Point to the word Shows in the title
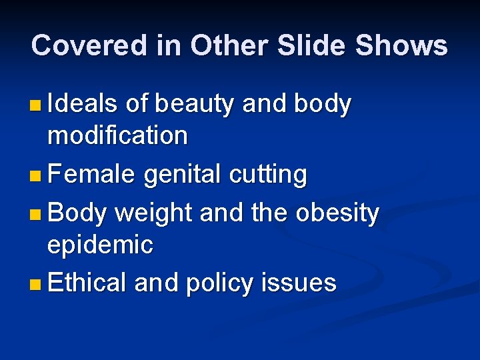click(x=401, y=46)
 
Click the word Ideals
click(x=83, y=104)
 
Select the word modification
click(x=117, y=136)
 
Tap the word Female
click(x=92, y=175)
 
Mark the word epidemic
click(x=100, y=245)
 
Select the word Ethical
click(x=87, y=283)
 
